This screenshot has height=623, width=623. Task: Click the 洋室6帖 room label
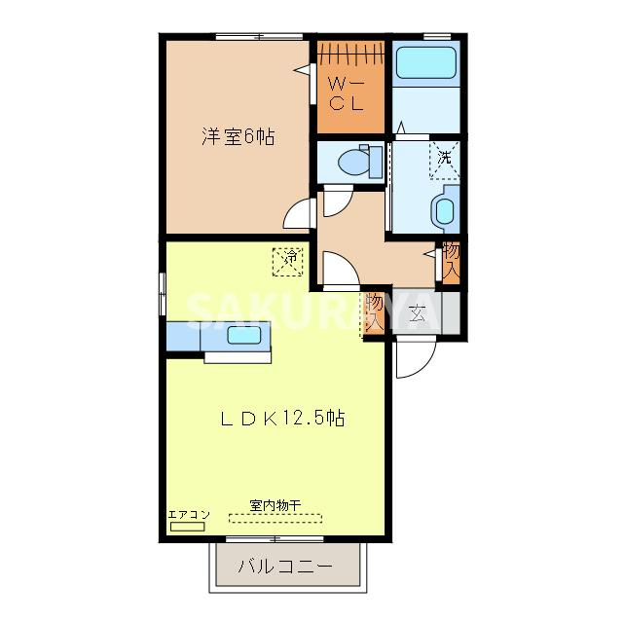(x=238, y=137)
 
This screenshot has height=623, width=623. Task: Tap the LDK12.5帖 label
(x=281, y=420)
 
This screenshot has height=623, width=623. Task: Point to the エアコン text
(x=188, y=514)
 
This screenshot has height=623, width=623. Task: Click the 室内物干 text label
(x=275, y=504)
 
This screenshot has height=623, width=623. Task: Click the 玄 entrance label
(x=418, y=313)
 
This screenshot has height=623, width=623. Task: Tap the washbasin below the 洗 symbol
(x=444, y=209)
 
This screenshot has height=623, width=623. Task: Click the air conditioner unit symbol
(x=187, y=526)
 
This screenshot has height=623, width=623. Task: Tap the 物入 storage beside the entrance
(x=375, y=313)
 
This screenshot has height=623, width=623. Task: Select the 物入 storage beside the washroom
(x=451, y=260)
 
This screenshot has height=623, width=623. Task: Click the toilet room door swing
(x=336, y=201)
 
